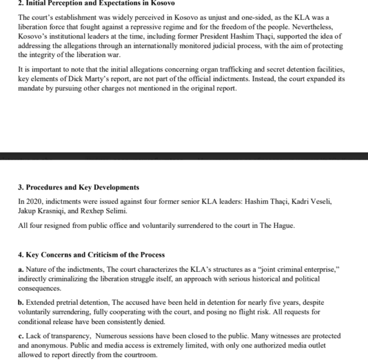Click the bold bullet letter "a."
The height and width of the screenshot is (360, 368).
[22, 269]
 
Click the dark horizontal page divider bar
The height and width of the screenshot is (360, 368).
[184, 156]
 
